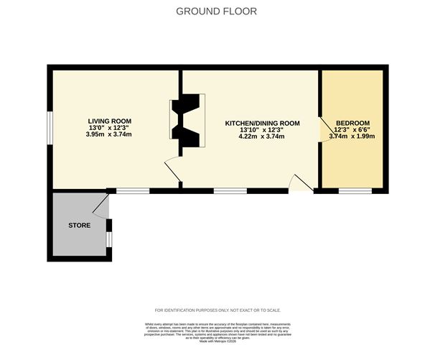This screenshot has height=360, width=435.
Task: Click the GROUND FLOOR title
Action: pos(216,11)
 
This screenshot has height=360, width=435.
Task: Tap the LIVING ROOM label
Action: pos(109,121)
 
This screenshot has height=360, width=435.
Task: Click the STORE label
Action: pos(79,226)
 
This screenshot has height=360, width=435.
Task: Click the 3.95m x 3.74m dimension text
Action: pos(109,134)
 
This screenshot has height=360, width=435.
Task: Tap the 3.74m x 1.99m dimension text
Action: pos(352,137)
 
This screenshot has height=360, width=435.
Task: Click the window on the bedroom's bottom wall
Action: pos(355,190)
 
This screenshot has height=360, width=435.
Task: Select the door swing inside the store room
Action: pos(101,207)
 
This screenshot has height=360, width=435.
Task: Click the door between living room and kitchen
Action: pos(172,170)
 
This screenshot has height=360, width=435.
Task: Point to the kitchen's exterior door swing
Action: pos(301,183)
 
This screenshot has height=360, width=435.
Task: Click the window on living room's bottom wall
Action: pos(133,190)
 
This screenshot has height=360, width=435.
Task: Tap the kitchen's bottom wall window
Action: pos(230,190)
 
